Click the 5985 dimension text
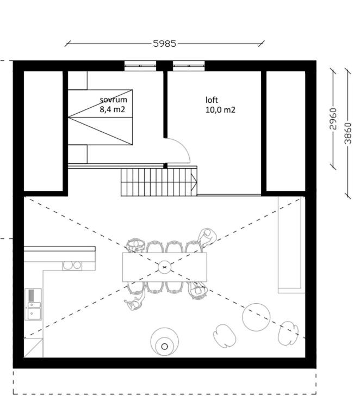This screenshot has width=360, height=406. tap(165, 44)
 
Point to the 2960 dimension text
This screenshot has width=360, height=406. tap(333, 119)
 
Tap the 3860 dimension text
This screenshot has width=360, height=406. tap(348, 133)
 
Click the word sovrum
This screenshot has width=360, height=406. tap(113, 100)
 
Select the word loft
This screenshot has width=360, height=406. tap(212, 100)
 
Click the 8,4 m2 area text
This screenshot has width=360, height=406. tap(113, 109)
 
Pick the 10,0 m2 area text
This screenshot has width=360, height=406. tap(220, 110)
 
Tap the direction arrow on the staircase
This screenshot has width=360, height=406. tap(194, 182)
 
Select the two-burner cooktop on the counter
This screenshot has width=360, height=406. tap(72, 266)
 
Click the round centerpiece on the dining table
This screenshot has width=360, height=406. tap(164, 267)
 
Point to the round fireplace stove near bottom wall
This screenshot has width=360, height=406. tap(165, 342)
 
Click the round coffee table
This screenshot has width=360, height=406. tap(256, 317)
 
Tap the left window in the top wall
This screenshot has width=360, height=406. tap(140, 66)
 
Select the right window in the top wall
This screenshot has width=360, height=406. tap(189, 66)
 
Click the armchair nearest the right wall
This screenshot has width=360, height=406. tap(288, 333)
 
